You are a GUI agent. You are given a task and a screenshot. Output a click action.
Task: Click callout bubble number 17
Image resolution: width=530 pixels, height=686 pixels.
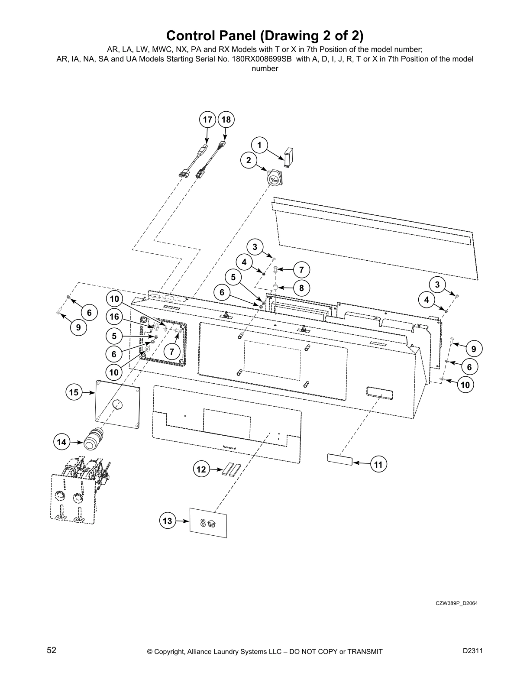coord(208,120)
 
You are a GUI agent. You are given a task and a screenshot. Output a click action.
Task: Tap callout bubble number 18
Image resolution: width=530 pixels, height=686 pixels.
coord(226,120)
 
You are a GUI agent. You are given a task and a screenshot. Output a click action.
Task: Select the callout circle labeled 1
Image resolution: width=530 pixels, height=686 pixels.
coord(259,145)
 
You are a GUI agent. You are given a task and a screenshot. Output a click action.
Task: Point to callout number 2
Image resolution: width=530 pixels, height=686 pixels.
coord(249,160)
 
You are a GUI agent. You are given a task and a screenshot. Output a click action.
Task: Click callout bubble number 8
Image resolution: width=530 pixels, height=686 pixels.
coord(301,288)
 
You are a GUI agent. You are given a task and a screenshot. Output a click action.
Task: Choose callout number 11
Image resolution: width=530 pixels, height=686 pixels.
coord(378,465)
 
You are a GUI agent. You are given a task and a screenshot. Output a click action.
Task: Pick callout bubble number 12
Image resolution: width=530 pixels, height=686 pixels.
coord(201,469)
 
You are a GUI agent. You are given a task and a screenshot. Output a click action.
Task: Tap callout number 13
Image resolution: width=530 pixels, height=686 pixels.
coord(168,521)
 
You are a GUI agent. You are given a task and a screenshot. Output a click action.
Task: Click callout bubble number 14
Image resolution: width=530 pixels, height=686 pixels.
coord(61,442)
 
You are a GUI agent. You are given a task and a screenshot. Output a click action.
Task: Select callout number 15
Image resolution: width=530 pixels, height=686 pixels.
coord(74,392)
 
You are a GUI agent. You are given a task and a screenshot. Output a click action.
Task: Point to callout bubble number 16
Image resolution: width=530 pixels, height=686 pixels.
coord(114,317)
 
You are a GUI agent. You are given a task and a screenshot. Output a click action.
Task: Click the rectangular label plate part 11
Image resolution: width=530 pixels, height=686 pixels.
coord(339,459)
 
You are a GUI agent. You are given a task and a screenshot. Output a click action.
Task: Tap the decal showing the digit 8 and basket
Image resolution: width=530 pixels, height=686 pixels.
coord(209,523)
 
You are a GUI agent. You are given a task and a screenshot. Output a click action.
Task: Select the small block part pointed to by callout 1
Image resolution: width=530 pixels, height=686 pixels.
coord(289,156)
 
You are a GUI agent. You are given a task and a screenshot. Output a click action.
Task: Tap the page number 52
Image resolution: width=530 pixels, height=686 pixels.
coord(52,650)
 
